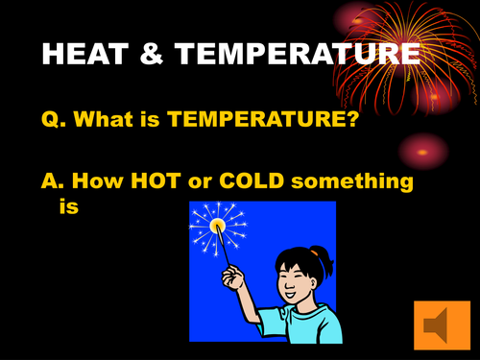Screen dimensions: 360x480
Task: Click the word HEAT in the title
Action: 87,55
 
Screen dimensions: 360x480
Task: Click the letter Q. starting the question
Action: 54,120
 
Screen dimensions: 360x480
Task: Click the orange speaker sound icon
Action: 438,326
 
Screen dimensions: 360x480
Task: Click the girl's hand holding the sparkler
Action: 230,280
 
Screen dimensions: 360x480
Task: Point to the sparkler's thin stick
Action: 224,251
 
